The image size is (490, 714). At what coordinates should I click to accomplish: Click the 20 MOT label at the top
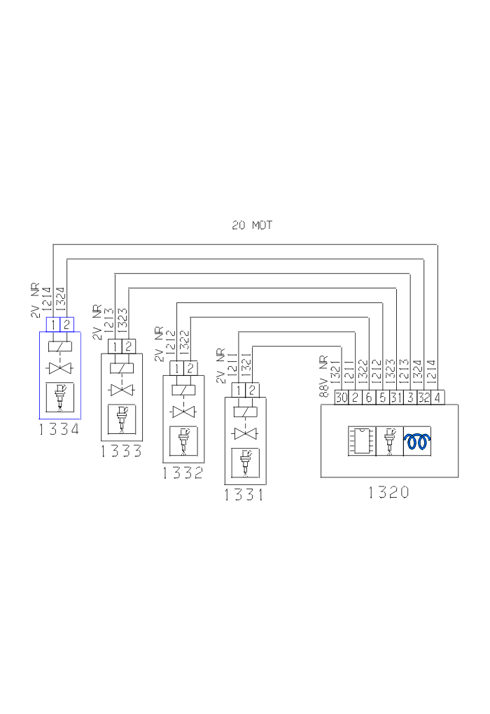[x=252, y=225]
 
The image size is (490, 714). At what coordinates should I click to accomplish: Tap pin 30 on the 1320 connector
[x=342, y=398]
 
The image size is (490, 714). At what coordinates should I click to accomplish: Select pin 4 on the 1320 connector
[x=437, y=398]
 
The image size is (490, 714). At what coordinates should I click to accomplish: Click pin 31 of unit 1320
[x=396, y=398]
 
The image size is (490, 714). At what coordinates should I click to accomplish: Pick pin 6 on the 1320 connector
[x=369, y=398]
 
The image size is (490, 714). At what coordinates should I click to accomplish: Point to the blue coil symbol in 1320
[x=417, y=441]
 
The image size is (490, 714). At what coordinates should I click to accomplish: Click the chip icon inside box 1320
[x=362, y=441]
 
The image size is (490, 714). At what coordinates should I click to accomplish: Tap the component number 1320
[x=388, y=492]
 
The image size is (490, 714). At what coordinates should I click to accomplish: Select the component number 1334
[x=59, y=429]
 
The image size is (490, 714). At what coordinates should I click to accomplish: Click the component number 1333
[x=121, y=451]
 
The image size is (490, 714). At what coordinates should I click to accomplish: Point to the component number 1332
[x=183, y=472]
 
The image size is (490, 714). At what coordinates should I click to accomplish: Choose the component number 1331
[x=244, y=494]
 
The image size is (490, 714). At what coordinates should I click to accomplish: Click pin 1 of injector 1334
[x=53, y=325]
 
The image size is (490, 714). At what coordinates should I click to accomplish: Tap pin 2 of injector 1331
[x=252, y=390]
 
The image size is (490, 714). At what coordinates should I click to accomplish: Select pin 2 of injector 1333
[x=128, y=346]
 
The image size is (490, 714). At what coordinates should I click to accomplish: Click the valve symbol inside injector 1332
[x=183, y=412]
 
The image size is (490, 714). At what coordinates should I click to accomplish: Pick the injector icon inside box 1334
[x=59, y=397]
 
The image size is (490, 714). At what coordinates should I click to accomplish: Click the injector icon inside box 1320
[x=389, y=441]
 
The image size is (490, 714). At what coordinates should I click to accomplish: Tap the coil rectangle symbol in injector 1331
[x=245, y=412]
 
